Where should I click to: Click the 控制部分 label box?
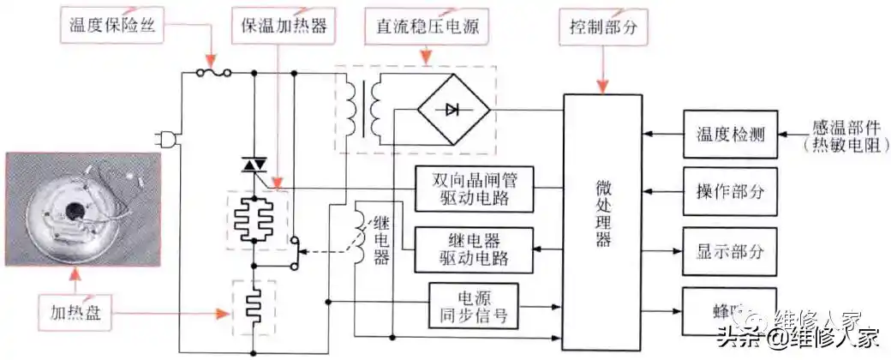(x=602, y=25)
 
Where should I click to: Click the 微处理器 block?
(x=602, y=214)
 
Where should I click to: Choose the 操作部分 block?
(x=730, y=192)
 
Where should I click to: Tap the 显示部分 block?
(x=730, y=252)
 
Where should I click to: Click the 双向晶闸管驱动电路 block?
(x=473, y=187)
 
